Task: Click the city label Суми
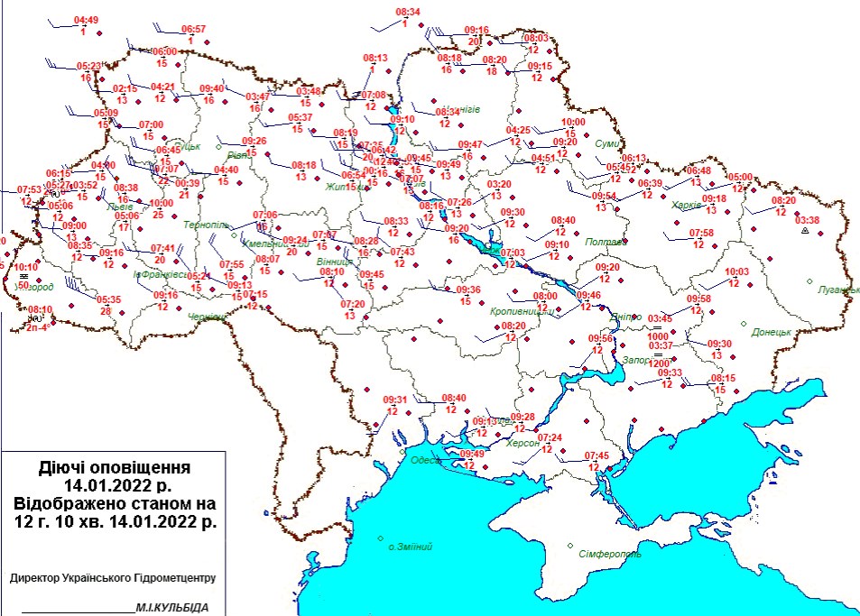click(x=607, y=144)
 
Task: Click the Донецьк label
click(x=772, y=332)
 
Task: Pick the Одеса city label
click(x=425, y=460)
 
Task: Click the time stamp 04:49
click(x=86, y=20)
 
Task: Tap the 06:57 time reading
click(x=194, y=29)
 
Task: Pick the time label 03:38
click(x=807, y=219)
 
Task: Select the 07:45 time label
click(x=596, y=455)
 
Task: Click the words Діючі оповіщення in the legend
click(x=115, y=468)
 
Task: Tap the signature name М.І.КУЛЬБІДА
click(x=172, y=608)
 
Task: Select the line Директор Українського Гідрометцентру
click(x=113, y=578)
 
